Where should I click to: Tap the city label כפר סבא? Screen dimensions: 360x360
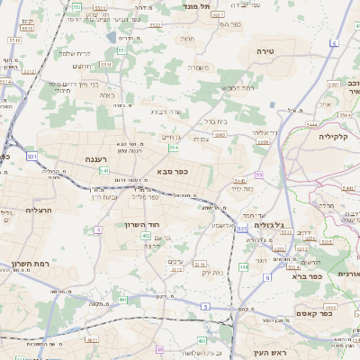pos(171,170)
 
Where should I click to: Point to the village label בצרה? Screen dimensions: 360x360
pos(107,94)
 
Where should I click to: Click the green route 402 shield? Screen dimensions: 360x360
pos(146,236)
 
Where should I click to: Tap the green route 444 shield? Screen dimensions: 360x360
pos(243,267)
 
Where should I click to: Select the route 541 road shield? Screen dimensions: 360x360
pos(104,170)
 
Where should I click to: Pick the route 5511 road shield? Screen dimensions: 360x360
pos(105,65)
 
